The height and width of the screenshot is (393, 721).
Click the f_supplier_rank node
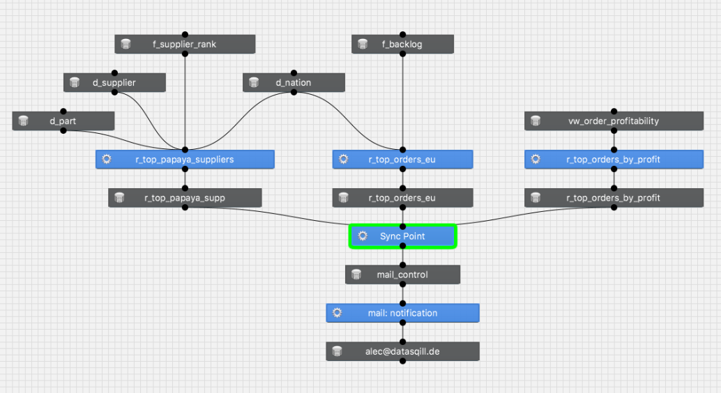[x=185, y=45]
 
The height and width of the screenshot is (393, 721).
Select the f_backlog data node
[x=402, y=45]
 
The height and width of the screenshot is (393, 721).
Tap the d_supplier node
[x=114, y=83]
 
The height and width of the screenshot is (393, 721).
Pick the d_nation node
[x=294, y=83]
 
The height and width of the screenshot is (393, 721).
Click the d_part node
[x=63, y=121]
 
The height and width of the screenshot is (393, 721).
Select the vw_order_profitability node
[x=614, y=121]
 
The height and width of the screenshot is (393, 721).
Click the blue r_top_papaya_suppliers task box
[x=185, y=160]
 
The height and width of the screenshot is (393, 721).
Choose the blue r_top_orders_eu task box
[x=402, y=160]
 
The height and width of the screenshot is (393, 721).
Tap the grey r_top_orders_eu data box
[x=402, y=198]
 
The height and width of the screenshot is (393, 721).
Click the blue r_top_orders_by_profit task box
[x=614, y=160]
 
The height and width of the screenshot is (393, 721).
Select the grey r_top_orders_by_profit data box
[x=614, y=198]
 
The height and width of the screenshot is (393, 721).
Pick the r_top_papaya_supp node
[x=185, y=198]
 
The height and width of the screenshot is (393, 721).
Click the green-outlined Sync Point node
[x=402, y=236]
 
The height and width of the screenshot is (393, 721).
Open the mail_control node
[x=402, y=275]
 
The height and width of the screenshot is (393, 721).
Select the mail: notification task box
[x=402, y=313]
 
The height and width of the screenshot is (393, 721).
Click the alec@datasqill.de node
[x=402, y=351]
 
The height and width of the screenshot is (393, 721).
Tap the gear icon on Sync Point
[x=363, y=236]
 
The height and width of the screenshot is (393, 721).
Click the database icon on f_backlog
[x=363, y=45]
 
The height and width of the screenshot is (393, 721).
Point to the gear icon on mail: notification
[x=337, y=313]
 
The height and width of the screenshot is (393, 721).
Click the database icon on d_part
[x=23, y=121]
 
